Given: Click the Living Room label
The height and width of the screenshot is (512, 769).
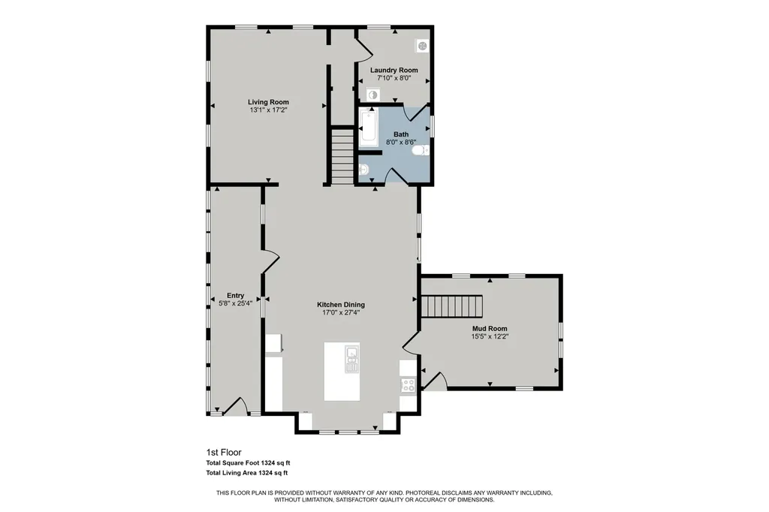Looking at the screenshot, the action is tap(268, 102).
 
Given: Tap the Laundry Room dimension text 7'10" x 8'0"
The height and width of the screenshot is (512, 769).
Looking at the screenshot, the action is tap(394, 78).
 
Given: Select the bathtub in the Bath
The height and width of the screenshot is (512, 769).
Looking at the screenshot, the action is tap(368, 128).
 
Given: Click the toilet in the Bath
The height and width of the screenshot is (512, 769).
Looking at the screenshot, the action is tap(421, 149).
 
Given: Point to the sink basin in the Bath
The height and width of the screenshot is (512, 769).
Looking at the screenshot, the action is tap(363, 170).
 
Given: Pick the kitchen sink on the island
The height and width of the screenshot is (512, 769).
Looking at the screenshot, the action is tap(351, 359).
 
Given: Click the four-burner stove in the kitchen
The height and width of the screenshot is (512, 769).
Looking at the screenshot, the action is tap(408, 384).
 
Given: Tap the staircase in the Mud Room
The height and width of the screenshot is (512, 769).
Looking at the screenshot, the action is tap(451, 306).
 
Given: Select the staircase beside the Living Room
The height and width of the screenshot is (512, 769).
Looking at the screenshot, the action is tap(342, 156).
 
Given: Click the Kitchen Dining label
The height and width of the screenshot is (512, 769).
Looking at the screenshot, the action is tap(341, 305).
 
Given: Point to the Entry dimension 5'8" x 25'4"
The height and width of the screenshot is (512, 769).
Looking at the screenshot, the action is tap(235, 303).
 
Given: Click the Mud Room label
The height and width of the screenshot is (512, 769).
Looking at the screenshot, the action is tap(490, 329).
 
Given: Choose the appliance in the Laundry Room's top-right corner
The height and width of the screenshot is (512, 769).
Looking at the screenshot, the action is tap(423, 46).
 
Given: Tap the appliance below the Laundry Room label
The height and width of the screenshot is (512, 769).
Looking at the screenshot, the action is tap(373, 95).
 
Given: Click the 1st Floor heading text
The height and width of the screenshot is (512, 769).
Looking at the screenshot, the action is tap(224, 453).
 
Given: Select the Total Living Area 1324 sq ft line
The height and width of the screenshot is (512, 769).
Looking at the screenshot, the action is tap(246, 473).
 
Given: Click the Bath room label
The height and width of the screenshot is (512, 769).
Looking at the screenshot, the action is tap(401, 134).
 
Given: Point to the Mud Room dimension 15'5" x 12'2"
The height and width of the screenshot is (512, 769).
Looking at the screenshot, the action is tap(490, 336).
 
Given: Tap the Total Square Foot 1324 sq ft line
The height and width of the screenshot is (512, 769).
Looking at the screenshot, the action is tap(248, 463).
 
